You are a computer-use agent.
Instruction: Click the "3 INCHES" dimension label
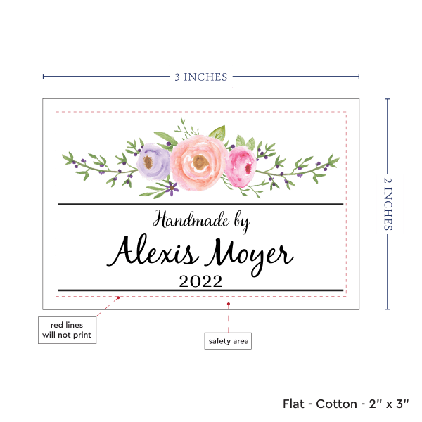click(200, 77)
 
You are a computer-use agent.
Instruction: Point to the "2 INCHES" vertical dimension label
click(389, 203)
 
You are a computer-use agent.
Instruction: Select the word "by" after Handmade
click(240, 224)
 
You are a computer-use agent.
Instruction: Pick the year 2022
click(200, 282)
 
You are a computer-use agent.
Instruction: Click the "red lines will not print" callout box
click(67, 330)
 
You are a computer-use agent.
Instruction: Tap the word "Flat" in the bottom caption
click(295, 404)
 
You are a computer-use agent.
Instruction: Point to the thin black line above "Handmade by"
click(200, 205)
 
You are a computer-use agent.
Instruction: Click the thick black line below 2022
click(200, 290)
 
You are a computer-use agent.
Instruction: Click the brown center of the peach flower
click(200, 162)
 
